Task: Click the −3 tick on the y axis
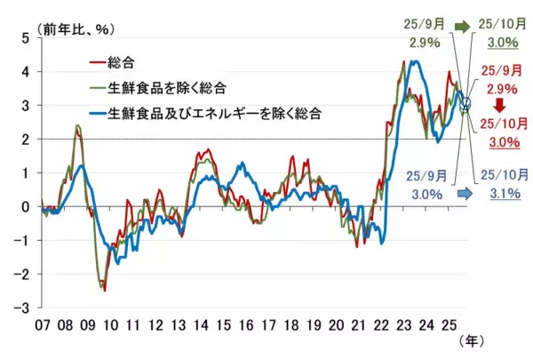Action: click(23, 308)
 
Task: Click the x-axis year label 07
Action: click(42, 323)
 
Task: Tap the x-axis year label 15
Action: click(227, 323)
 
